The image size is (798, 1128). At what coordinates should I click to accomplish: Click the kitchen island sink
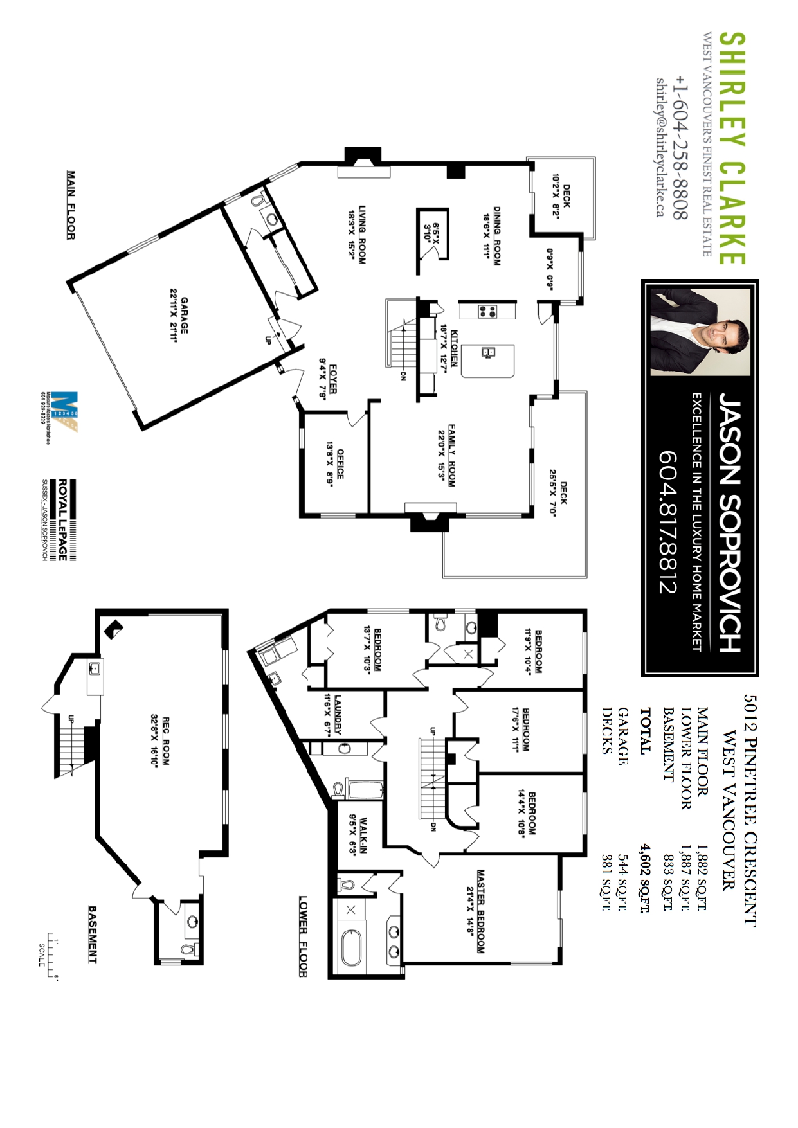[487, 352]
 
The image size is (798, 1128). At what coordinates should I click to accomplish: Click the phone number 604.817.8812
[668, 521]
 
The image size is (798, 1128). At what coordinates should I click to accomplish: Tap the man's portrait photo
[700, 332]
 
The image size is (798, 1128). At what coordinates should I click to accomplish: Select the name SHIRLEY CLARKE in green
[732, 148]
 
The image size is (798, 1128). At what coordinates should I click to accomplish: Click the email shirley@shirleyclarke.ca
[660, 147]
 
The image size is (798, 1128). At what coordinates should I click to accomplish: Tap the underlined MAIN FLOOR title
[71, 205]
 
